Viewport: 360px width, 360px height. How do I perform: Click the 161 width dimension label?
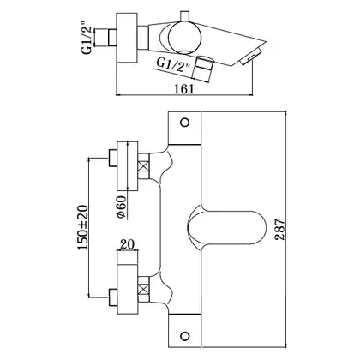(184, 89)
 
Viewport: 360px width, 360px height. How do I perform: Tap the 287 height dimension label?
(279, 230)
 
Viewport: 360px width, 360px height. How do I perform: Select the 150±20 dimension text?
(83, 228)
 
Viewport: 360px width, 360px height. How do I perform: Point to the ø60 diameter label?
(121, 207)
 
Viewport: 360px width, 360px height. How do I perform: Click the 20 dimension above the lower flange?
(127, 244)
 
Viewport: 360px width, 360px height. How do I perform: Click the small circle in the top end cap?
(185, 123)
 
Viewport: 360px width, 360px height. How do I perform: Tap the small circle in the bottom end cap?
(185, 336)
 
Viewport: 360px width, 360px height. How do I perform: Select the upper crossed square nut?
(144, 166)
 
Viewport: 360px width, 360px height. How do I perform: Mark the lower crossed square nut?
(144, 290)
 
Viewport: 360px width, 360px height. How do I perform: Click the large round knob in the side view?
(185, 38)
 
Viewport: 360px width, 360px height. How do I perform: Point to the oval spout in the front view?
(226, 227)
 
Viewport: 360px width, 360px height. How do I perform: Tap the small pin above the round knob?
(185, 16)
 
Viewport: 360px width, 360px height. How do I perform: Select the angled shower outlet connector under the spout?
(203, 69)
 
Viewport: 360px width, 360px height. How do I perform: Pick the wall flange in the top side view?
(127, 38)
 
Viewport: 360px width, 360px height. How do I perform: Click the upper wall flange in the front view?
(128, 166)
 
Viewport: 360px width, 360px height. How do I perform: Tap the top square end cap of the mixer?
(185, 128)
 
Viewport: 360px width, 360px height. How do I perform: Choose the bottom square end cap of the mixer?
(185, 331)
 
